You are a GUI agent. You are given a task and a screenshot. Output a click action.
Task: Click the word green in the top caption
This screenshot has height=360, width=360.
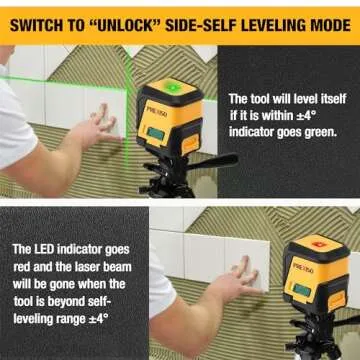[317, 131]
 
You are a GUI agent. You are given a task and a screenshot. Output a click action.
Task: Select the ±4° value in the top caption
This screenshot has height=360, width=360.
[309, 116]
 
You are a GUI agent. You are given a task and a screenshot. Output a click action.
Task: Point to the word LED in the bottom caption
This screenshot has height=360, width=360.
[50, 248]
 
